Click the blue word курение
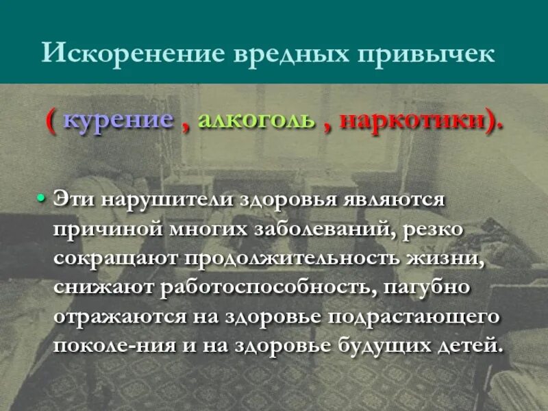[118, 121]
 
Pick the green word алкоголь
[256, 121]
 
